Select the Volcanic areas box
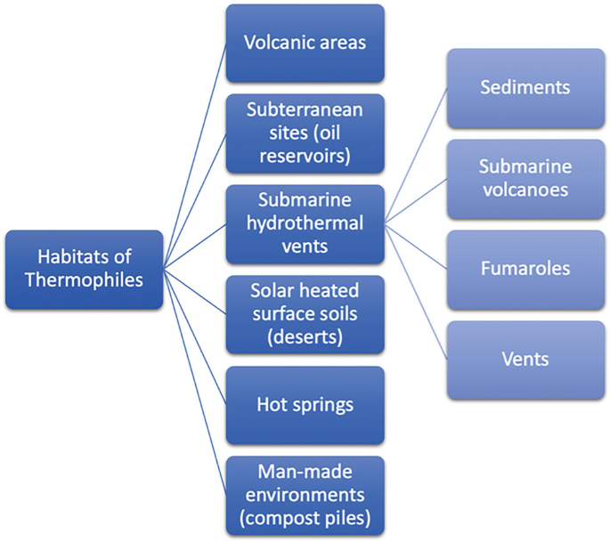[305, 43]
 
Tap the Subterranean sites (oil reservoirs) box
[305, 133]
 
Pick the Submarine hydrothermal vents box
[305, 223]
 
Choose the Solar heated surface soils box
[305, 314]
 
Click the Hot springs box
[305, 405]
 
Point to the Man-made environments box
[305, 496]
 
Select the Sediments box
[525, 88]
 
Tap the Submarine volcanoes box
[525, 179]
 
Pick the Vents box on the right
[525, 360]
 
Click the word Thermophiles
[85, 280]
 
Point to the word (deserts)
[305, 337]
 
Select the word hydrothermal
[305, 223]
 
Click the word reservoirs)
[305, 157]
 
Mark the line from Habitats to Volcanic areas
[195, 156]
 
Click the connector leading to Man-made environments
[195, 383]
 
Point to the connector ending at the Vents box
[415, 292]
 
